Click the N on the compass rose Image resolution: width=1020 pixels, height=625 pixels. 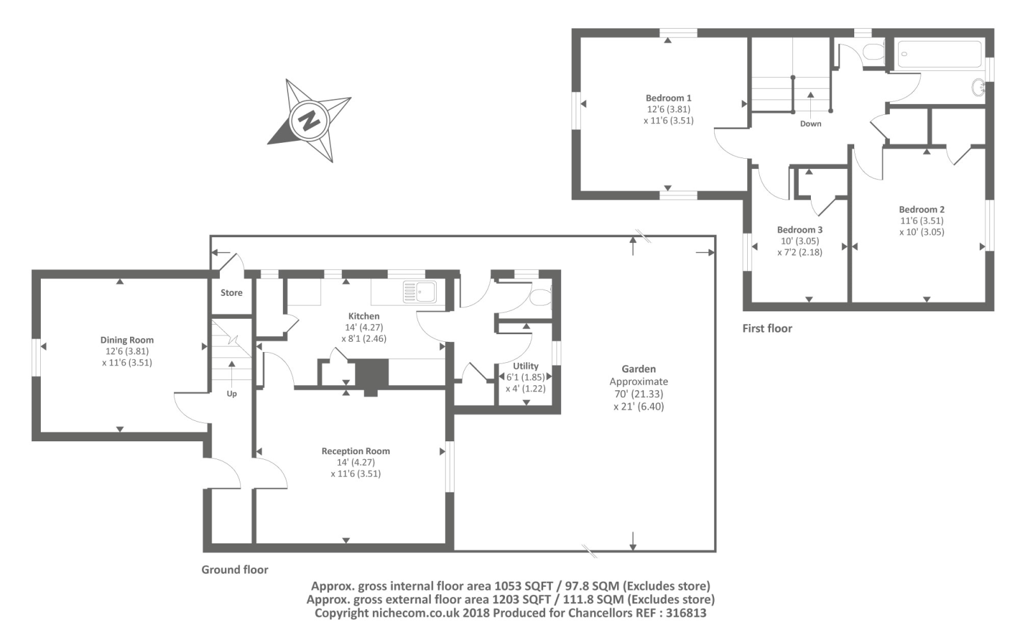pos(310,120)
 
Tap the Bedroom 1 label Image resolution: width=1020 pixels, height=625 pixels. pos(668,98)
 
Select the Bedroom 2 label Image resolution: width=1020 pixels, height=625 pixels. pos(921,209)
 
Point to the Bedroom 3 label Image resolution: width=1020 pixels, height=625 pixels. pos(799,230)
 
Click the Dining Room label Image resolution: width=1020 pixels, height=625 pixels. pos(127,340)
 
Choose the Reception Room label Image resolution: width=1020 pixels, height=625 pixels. pos(355,451)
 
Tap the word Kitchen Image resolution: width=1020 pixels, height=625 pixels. pos(363,316)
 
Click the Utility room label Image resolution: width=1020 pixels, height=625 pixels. pos(525,366)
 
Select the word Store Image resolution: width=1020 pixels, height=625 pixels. pos(231,293)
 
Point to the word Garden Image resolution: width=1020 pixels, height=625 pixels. pos(638,369)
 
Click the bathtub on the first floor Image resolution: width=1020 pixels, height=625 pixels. pos(940,54)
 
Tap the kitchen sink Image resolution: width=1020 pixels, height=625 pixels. pos(419,291)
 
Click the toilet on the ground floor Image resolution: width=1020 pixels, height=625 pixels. pos(541,297)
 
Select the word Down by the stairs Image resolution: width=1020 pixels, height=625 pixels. pos(810,124)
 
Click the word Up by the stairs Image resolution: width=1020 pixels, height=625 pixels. pos(231,393)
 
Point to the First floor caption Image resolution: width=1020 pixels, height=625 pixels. pos(767,328)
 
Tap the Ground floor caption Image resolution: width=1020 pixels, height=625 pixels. pos(235,570)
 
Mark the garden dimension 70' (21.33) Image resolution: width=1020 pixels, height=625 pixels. pos(638,394)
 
